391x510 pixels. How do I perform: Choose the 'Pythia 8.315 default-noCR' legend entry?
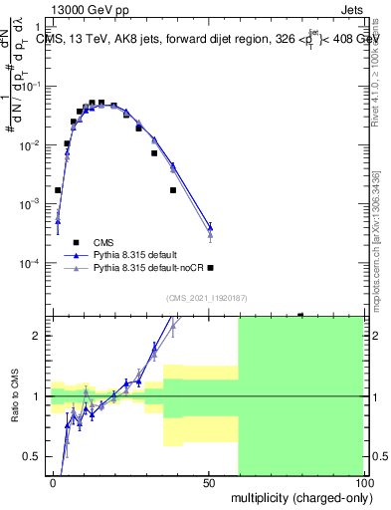[x=147, y=268]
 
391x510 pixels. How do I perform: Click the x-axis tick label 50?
[x=209, y=482]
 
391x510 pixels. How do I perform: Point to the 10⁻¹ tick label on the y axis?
[x=34, y=86]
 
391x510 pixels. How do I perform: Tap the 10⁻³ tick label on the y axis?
[x=34, y=204]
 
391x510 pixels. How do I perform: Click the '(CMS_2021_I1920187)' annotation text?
[x=206, y=298]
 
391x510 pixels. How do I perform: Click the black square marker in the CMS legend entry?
[x=75, y=242]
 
